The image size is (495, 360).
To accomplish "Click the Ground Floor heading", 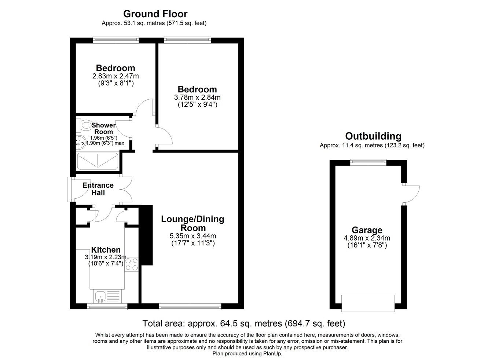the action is point(155,14).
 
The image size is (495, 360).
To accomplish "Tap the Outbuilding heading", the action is point(373,136).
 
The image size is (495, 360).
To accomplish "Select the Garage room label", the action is point(367,230).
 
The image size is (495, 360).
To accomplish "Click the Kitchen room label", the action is point(106,250).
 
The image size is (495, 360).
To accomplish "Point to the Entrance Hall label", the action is point(98,189).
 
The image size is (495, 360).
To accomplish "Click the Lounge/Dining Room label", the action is point(192,223).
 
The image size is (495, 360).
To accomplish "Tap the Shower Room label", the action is point(103,128).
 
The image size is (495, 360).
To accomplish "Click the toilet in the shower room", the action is point(84,125).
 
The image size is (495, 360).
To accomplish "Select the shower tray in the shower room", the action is point(98,161).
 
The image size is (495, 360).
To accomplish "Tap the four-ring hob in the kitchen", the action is point(132,264).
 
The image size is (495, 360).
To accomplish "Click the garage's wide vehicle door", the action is point(368,303).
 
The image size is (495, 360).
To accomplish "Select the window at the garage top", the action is point(368,162).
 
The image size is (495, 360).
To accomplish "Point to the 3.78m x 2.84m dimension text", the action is point(197,98).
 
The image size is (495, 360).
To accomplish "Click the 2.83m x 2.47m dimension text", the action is point(115,76).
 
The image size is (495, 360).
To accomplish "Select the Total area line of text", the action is point(243,324).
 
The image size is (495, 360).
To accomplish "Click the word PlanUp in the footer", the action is point(272,354).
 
